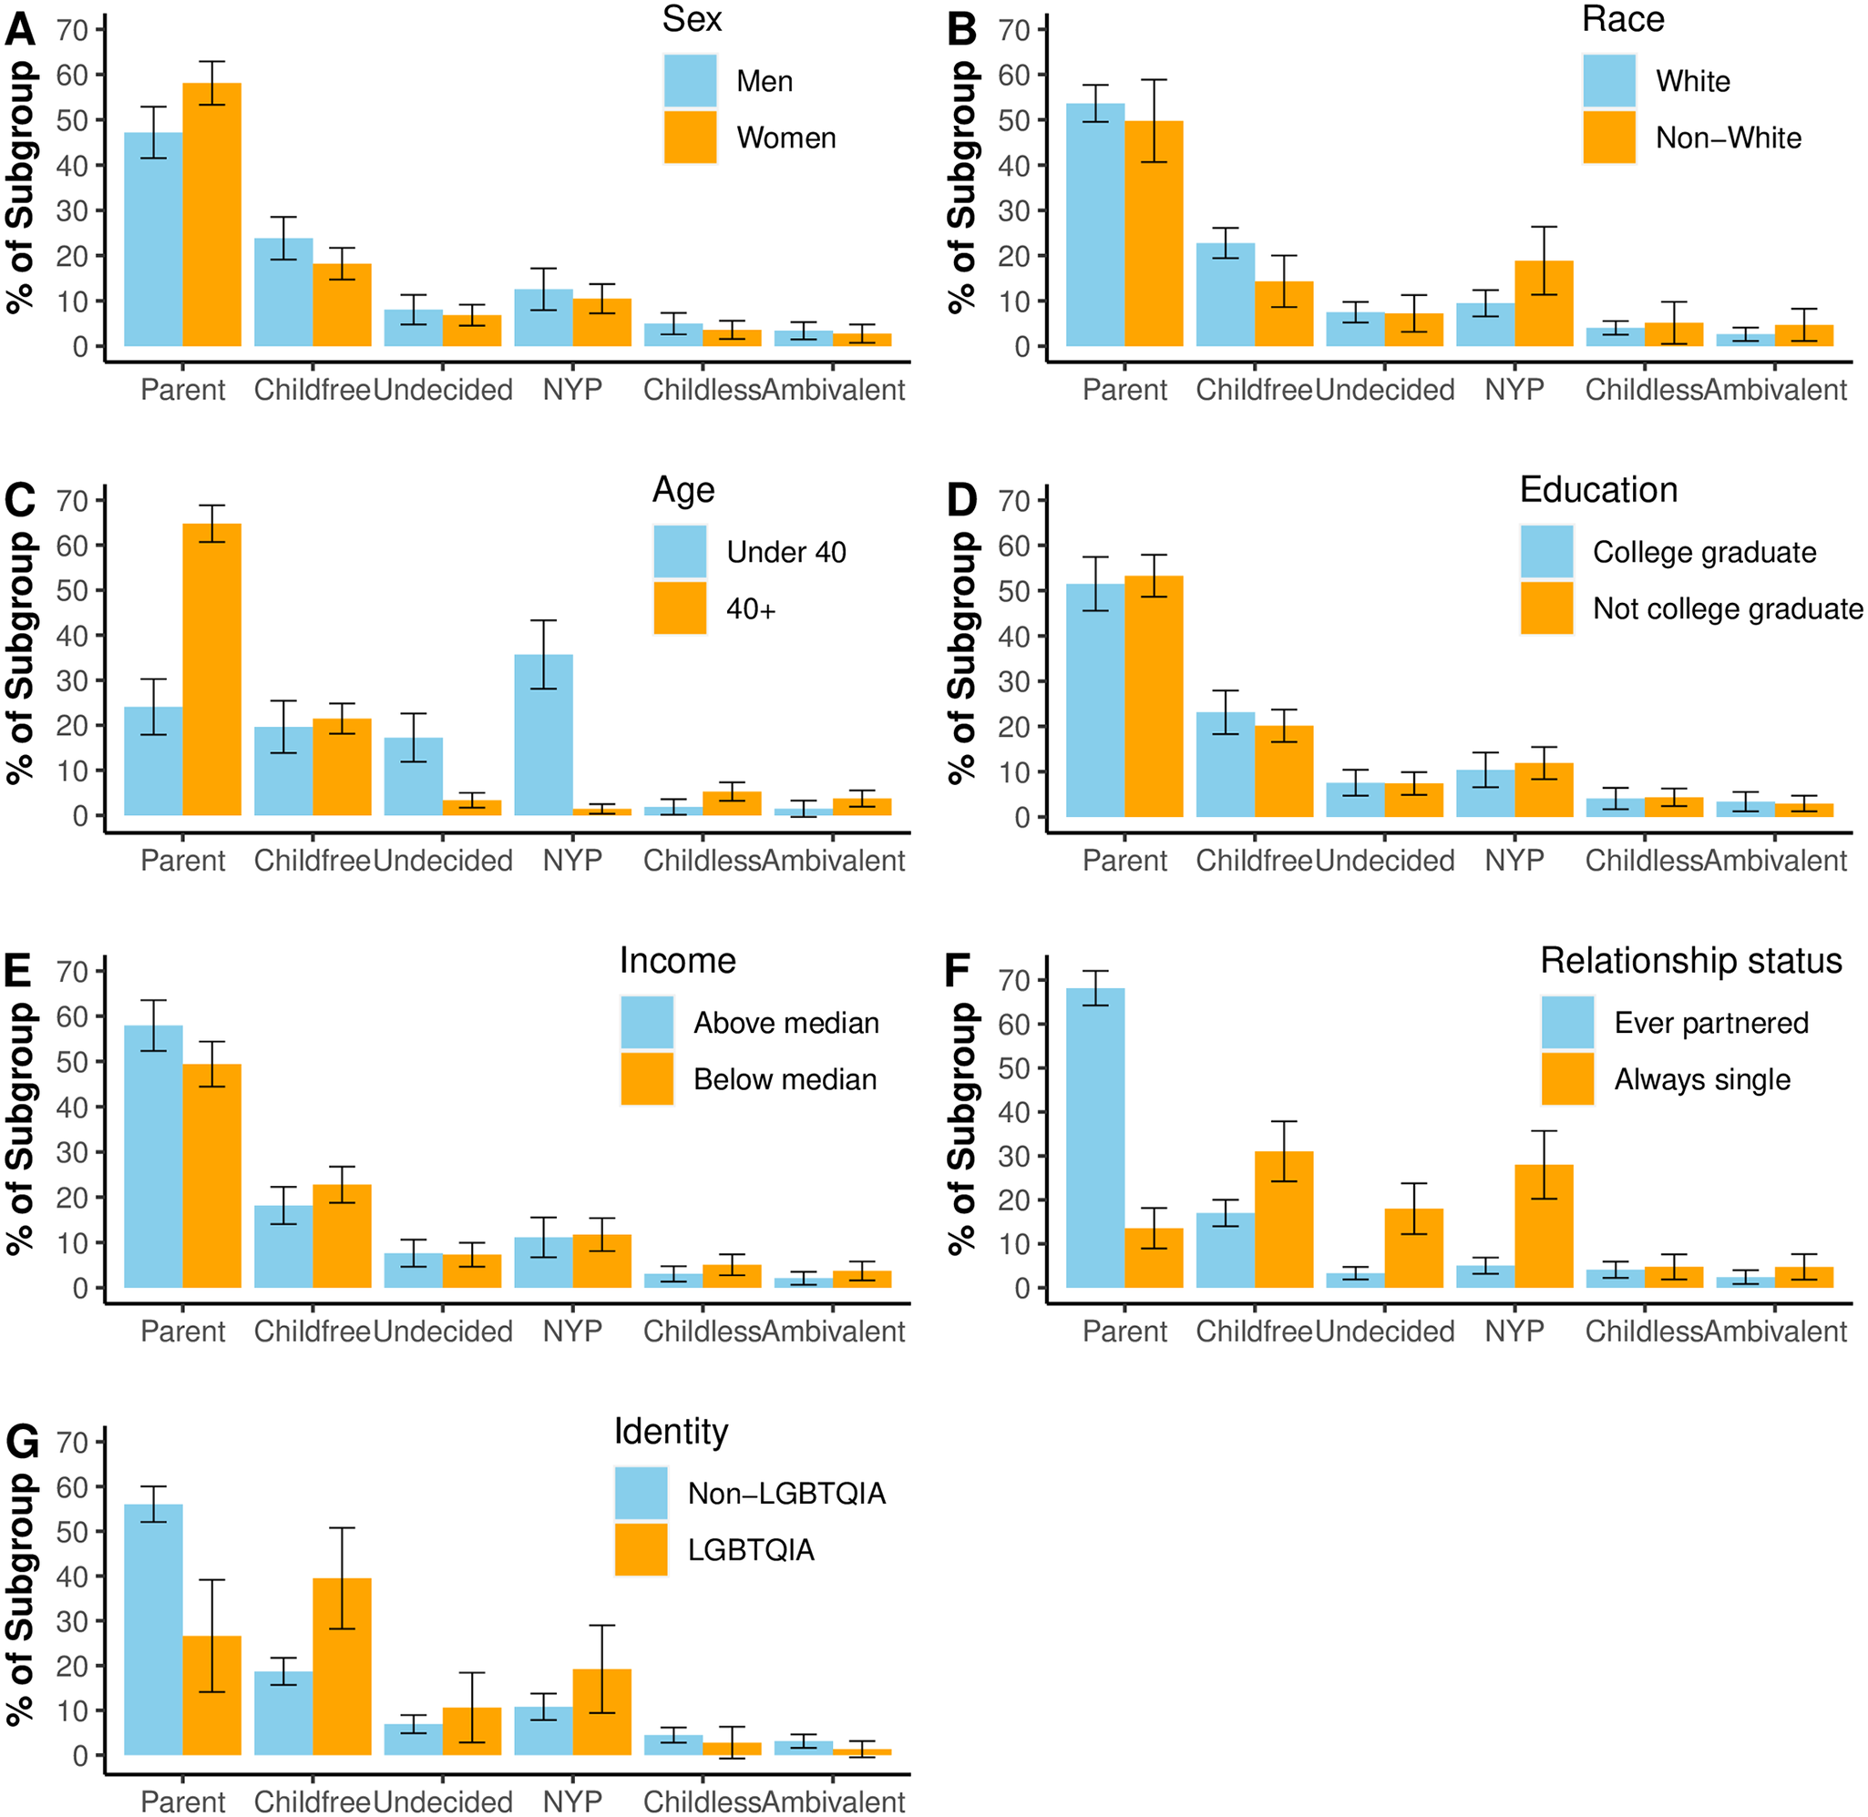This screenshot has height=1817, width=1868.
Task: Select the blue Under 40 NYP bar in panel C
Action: click(543, 735)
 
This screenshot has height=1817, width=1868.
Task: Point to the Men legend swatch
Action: click(690, 81)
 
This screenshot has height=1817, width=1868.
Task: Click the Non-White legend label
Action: click(1728, 138)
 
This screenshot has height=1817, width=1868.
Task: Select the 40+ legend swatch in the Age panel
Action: click(680, 608)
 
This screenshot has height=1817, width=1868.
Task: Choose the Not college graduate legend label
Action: click(1727, 608)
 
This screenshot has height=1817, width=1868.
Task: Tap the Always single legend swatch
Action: click(1567, 1079)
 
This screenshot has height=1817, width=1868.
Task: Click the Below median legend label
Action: click(785, 1079)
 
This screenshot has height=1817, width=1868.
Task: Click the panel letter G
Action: click(21, 1442)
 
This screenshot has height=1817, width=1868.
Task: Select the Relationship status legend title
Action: click(1690, 961)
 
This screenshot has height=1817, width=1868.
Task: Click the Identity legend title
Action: click(671, 1432)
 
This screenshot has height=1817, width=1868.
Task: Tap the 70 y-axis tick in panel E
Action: click(73, 972)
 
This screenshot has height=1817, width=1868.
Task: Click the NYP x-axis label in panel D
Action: click(1514, 861)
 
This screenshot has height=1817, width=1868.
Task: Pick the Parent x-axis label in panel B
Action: click(1124, 391)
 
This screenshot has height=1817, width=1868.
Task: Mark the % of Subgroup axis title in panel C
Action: click(21, 658)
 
